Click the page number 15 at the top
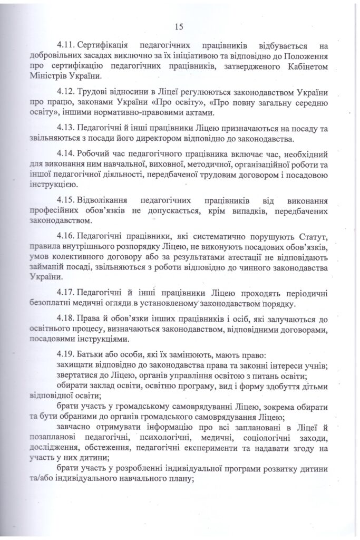coord(178,27)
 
